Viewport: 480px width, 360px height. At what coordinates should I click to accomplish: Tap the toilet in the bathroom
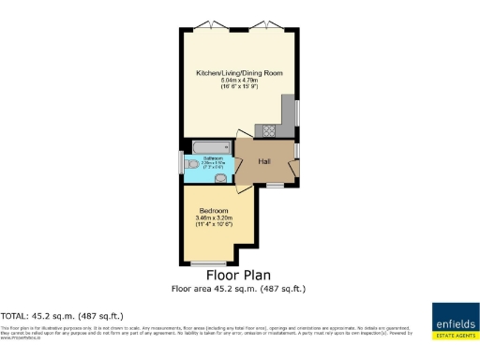[193, 162]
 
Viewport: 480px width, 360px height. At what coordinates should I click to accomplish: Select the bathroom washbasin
[221, 177]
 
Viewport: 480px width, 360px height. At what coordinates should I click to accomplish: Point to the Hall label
[265, 161]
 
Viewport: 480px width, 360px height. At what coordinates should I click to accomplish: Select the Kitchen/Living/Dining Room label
[240, 72]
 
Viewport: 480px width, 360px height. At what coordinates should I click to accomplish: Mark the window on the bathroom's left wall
[181, 162]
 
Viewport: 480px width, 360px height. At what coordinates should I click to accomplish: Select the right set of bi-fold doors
[270, 23]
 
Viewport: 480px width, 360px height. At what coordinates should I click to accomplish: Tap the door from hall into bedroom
[244, 189]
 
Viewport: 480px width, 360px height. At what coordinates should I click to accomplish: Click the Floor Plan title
[239, 277]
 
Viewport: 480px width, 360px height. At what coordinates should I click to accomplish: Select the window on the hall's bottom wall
[274, 185]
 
